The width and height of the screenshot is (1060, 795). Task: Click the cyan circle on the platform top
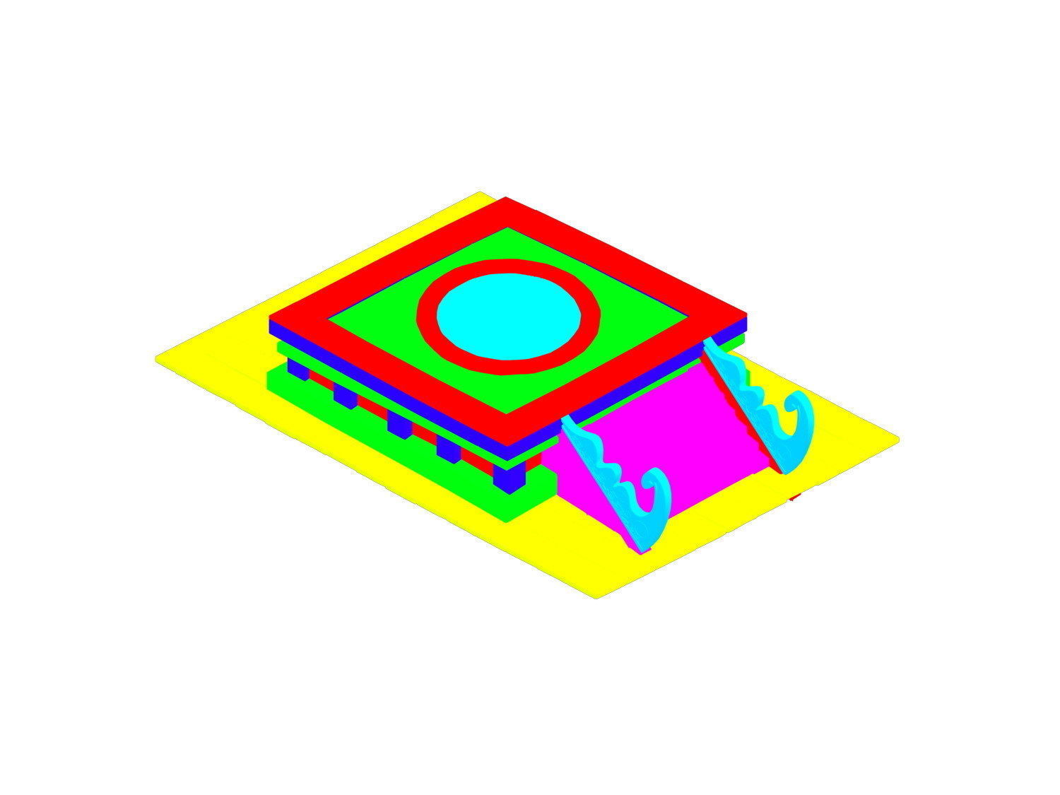[x=509, y=316]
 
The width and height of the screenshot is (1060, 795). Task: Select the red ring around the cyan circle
[x=509, y=268]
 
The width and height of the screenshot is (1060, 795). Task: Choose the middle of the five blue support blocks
[x=399, y=425]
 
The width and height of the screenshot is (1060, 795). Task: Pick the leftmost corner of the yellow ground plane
[x=156, y=359]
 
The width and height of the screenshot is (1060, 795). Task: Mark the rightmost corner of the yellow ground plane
[x=898, y=440]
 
